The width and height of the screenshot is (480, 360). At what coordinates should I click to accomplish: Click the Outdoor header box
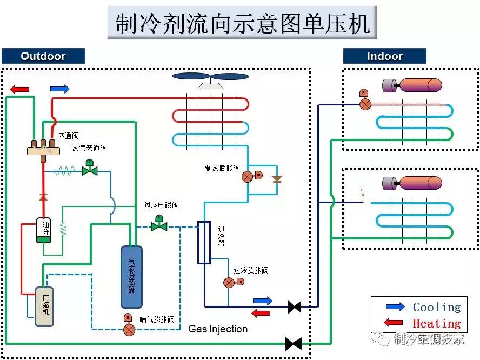tap(43, 56)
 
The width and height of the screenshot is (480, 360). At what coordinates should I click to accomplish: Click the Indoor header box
tap(384, 56)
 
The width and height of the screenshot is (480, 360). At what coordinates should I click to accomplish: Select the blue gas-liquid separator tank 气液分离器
tap(131, 276)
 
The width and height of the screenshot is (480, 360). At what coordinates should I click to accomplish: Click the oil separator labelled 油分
tap(43, 229)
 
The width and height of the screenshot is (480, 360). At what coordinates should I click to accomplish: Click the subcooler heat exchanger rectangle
tap(204, 243)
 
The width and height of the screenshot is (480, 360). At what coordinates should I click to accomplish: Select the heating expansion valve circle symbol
tap(247, 176)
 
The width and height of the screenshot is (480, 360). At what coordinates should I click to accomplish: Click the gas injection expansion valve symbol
tap(129, 329)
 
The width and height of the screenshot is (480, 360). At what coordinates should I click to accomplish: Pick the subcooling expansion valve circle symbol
tap(229, 282)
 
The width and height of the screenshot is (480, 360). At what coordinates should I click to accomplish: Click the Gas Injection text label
tap(218, 329)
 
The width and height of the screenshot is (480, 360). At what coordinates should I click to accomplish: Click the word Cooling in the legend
tap(437, 308)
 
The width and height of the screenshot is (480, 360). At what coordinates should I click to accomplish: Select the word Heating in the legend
tap(436, 324)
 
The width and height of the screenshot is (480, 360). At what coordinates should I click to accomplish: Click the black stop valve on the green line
tap(293, 343)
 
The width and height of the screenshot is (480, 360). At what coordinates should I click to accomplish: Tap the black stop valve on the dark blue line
tap(295, 307)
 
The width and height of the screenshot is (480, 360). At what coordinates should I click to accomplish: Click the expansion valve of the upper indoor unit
tap(365, 104)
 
